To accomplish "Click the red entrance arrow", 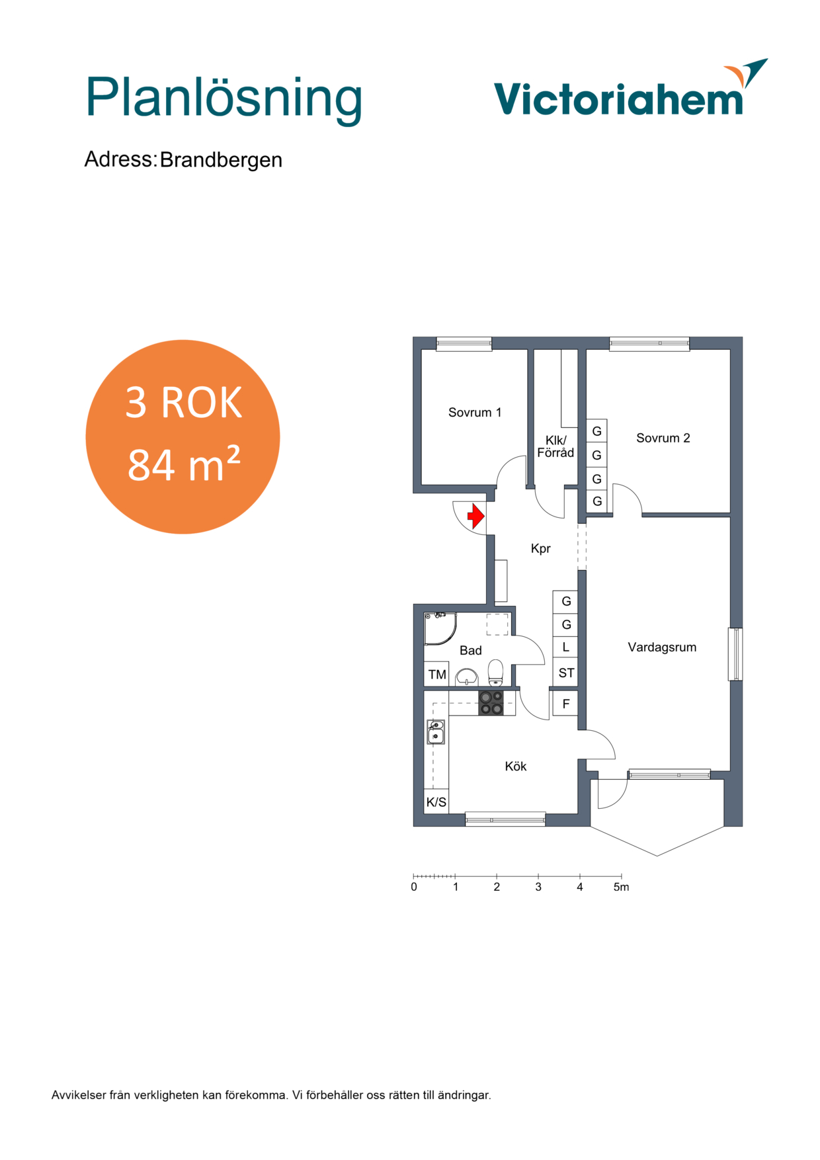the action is tap(476, 516).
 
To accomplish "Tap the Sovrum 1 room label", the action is tap(475, 413).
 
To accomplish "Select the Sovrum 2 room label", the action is tap(663, 438).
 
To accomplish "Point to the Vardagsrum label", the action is tap(662, 647).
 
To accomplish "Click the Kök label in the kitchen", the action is tap(516, 766).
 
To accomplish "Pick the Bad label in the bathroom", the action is tap(471, 651).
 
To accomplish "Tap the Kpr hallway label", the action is tap(541, 549).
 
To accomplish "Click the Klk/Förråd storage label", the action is tap(555, 446).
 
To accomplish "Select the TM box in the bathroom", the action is tap(436, 674).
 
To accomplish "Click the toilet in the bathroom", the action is tap(495, 673).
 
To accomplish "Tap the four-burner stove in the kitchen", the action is tap(491, 703).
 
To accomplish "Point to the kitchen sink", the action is tap(436, 731).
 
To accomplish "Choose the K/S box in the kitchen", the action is tap(436, 802).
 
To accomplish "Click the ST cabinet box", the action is tap(566, 673).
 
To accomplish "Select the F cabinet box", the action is tap(566, 704).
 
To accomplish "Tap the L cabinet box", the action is tap(566, 647).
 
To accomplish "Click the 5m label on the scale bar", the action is tap(621, 887).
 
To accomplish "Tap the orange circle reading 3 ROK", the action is tap(183, 436).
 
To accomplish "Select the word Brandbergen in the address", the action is tap(221, 160).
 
